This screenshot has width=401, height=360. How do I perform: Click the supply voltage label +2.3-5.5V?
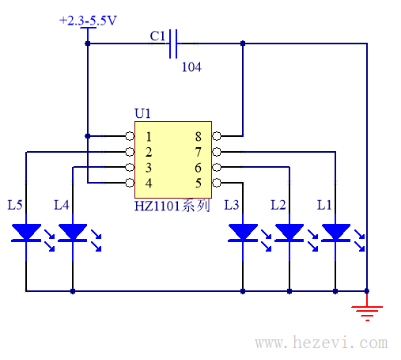coord(88,21)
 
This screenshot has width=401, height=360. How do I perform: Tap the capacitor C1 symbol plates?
coord(173,44)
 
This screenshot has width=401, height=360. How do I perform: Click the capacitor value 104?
coord(191,67)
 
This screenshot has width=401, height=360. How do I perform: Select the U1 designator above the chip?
coord(142,113)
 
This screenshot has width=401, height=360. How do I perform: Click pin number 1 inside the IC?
coord(149,137)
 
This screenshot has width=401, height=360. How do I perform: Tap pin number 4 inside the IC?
coord(149,183)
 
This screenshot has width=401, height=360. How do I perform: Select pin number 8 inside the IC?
coord(198,137)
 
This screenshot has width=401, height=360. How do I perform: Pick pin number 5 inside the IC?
coord(199,183)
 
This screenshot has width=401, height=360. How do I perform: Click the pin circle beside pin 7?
coord(217,152)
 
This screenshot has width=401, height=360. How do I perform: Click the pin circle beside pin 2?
coord(130,152)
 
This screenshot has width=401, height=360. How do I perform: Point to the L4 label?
coord(62,205)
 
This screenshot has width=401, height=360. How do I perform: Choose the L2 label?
coord(278,205)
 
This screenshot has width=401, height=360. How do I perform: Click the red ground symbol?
coord(367,311)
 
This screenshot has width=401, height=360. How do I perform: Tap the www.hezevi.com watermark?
coord(321,343)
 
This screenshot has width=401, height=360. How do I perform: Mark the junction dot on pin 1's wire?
coord(88,136)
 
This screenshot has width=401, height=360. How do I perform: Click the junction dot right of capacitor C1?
coord(243,44)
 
